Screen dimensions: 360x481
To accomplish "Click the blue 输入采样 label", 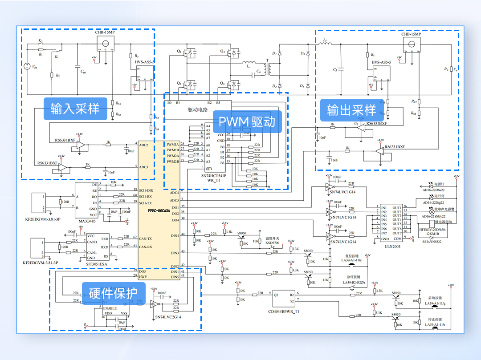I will pos(75,109).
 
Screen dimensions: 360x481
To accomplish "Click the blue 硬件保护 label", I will pos(114,293).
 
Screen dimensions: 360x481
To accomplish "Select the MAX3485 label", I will pos(87,221).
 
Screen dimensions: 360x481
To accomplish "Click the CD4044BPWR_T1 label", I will pos(284,311).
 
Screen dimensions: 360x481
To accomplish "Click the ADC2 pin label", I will pos(143,145).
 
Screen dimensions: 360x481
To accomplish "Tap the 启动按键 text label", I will pos(435,298).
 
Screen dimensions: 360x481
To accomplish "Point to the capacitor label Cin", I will pos(83,72).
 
